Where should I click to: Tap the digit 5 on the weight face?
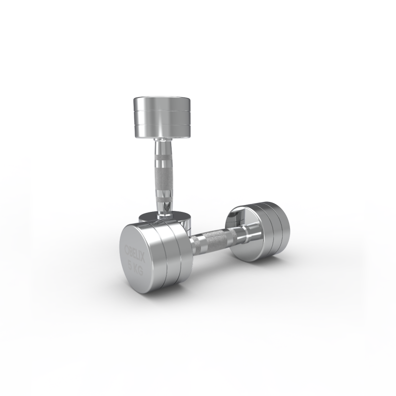click(131, 266)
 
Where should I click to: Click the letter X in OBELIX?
click(143, 259)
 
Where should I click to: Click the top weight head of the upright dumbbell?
click(162, 117)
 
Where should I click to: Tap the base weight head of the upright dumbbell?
click(165, 220)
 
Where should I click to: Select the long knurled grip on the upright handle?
click(163, 177)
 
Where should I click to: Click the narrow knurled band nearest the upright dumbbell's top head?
click(163, 158)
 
